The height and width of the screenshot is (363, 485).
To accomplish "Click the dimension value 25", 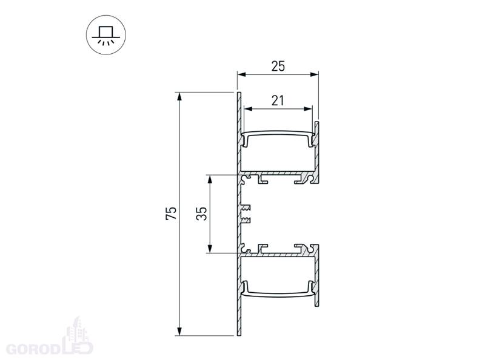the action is tap(278, 66).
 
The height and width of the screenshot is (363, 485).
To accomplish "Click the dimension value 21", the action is tap(278, 100).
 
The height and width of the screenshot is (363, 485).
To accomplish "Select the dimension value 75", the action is tap(171, 213).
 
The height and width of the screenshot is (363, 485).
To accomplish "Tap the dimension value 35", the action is tap(201, 214).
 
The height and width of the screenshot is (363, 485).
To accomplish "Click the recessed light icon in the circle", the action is tap(105, 35).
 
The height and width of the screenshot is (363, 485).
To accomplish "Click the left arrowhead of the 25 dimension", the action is tap(241, 74).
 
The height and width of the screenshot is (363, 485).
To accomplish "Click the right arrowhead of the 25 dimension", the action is tap(315, 74).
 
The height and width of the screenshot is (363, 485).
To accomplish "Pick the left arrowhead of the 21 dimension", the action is tap(248, 109).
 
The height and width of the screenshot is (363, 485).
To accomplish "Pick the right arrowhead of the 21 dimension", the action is tap(309, 109).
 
